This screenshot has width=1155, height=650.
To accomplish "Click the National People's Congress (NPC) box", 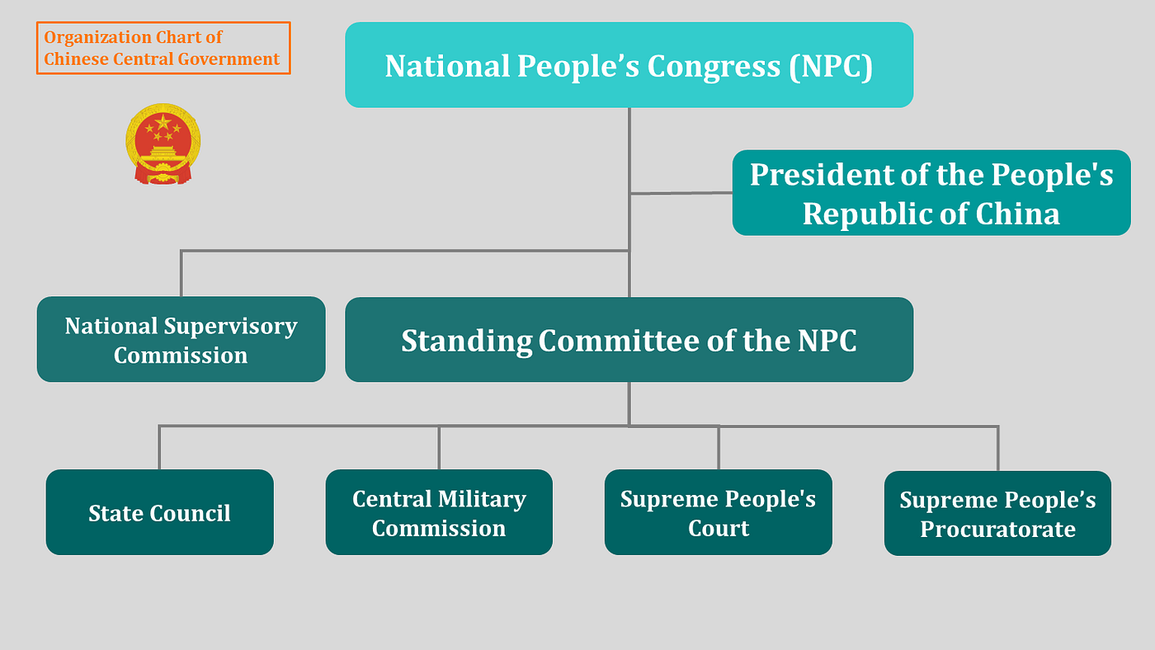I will point(629,65).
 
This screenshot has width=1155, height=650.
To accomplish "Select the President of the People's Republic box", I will point(931,193).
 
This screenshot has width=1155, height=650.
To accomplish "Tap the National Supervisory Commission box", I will point(181,339).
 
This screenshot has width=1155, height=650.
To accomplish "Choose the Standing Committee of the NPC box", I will point(629,340).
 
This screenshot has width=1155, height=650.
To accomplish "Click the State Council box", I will point(159,512).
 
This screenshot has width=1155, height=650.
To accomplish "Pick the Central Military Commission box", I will point(439,512).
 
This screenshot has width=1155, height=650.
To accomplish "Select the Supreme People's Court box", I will point(718,512).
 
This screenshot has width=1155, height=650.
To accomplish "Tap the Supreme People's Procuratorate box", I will point(997,513).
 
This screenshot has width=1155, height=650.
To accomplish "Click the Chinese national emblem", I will point(163,144).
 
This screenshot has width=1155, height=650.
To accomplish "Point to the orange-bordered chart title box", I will point(163,48).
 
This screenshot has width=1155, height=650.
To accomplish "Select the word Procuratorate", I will point(997,529).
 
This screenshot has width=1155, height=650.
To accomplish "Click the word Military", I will point(483,499).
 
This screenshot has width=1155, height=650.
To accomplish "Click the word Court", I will point(719,528).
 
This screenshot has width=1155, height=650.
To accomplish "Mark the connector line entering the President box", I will point(681,193).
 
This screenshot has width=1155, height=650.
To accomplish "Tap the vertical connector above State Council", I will point(159,448).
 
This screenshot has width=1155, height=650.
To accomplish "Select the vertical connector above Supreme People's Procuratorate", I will point(997,448).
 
